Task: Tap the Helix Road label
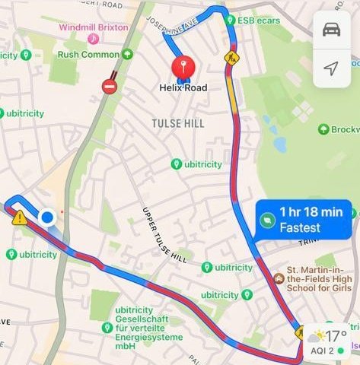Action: point(183,88)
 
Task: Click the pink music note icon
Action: point(93,38)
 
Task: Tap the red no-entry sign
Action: point(110,86)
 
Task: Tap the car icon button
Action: point(331,30)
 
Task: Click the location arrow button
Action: point(331,68)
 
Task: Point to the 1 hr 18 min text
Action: point(311,212)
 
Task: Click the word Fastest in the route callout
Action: point(300,227)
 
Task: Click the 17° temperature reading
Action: point(336,335)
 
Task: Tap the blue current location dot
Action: point(47,218)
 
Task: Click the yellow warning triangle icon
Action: point(19,218)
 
